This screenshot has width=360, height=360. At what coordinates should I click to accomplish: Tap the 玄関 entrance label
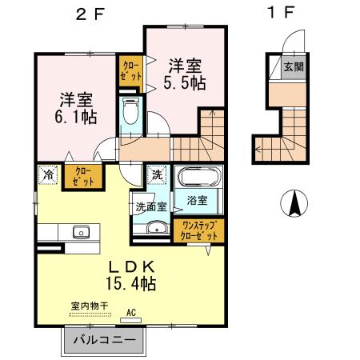click(292, 68)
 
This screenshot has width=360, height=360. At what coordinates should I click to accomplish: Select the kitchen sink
click(81, 233)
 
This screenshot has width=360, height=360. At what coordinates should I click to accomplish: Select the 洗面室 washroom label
click(150, 206)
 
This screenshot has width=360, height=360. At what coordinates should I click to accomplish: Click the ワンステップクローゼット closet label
click(198, 231)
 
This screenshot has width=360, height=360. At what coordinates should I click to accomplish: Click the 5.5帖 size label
click(183, 82)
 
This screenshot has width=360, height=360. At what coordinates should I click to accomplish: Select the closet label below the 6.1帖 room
click(83, 175)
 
